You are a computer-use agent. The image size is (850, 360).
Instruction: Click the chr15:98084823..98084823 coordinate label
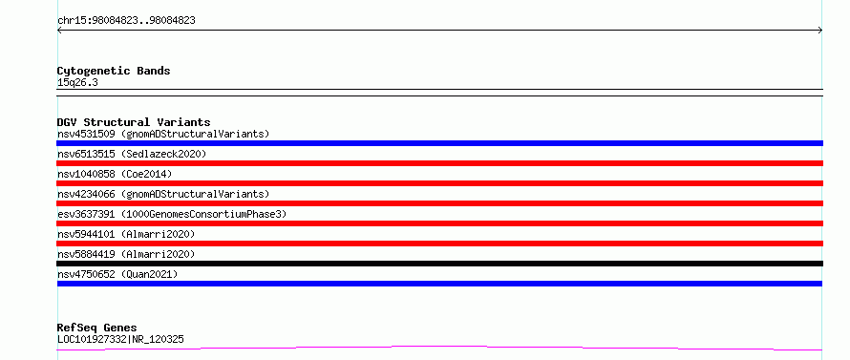point(126,21)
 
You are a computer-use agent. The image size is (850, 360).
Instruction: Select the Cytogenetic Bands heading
point(114,71)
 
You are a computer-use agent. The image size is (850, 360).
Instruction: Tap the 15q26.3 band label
point(77,83)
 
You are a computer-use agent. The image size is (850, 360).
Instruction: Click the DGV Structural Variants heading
point(134,122)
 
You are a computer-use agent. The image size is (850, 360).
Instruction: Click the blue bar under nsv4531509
point(439,143)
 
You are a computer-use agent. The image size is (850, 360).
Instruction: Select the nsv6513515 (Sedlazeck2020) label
point(132,154)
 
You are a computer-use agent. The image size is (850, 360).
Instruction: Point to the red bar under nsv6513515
point(439,163)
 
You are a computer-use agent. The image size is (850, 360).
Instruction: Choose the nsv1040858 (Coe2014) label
point(115,174)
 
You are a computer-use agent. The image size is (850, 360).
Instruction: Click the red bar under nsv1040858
point(439,183)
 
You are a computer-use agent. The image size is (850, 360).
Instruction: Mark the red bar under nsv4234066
point(439,203)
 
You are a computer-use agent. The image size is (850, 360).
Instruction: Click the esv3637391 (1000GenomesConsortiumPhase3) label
point(172,214)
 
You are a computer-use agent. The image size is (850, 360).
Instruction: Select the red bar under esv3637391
point(439,223)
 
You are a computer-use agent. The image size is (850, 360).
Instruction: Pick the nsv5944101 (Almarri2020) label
point(126,234)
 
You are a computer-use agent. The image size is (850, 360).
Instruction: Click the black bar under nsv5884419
point(439,264)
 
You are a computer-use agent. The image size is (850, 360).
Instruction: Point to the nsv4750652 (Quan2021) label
point(117,274)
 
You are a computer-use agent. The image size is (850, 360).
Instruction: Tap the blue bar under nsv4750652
point(439,284)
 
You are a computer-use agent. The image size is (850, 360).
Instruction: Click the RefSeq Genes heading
point(97,328)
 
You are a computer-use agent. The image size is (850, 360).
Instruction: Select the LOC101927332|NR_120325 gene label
point(120,339)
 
